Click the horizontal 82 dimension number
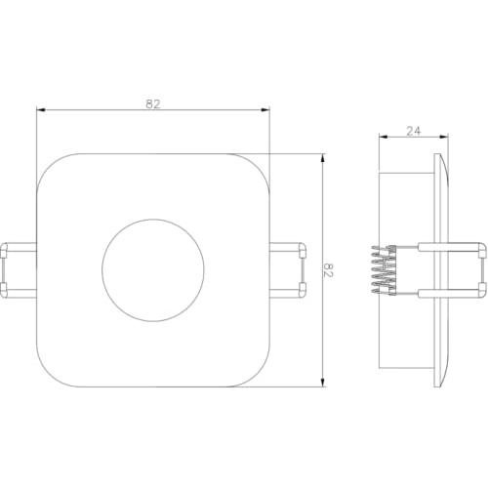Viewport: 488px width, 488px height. [x=153, y=104]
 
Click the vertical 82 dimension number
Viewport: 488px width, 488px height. [x=329, y=269]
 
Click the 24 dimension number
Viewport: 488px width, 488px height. [x=414, y=131]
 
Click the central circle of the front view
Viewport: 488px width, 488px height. [x=153, y=270]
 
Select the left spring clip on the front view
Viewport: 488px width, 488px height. [x=19, y=270]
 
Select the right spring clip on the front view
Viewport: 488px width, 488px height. [x=288, y=270]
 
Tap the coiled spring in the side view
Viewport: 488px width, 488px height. [x=385, y=270]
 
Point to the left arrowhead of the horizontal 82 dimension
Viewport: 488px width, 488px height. [x=40, y=110]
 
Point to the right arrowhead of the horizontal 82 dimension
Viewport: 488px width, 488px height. [x=265, y=110]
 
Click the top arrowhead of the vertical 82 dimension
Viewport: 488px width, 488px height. [x=322, y=158]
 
